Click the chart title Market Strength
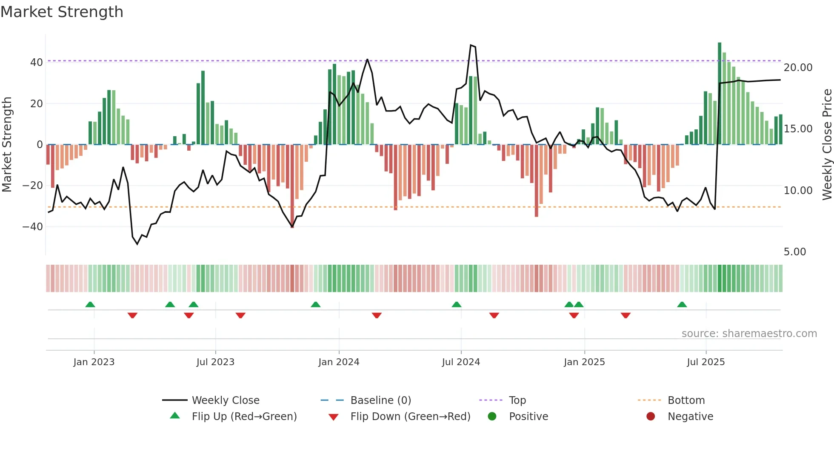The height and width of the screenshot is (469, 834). (x=62, y=12)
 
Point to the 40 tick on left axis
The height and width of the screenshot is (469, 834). (x=37, y=63)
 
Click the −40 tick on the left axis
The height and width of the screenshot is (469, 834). (x=33, y=227)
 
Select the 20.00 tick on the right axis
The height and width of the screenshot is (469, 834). (x=798, y=68)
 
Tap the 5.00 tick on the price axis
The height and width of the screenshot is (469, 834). (x=794, y=252)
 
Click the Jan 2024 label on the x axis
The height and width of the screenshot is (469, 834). (x=339, y=362)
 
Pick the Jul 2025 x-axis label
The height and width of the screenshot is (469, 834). (x=705, y=362)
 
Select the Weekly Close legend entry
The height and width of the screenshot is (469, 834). (x=225, y=400)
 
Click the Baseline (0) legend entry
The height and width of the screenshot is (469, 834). (x=380, y=400)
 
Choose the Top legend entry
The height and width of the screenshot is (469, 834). (x=517, y=400)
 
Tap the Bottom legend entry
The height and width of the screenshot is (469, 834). (x=686, y=400)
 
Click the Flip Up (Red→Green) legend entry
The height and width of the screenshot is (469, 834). (x=244, y=417)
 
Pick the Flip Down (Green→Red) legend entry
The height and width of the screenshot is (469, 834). (x=410, y=417)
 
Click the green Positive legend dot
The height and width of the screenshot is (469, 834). (x=492, y=417)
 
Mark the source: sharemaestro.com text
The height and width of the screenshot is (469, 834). (x=749, y=334)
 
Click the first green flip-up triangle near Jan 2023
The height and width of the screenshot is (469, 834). (x=90, y=305)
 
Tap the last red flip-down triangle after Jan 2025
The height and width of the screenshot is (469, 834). (x=625, y=315)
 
